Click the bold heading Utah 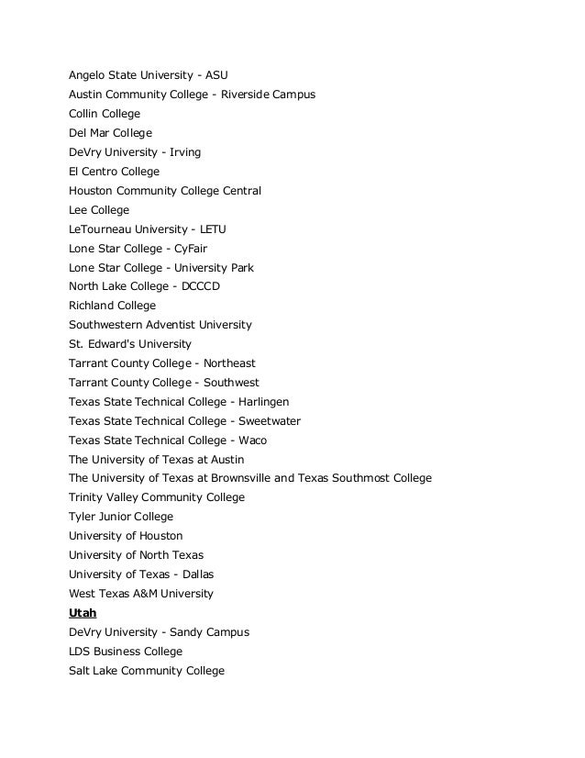point(83,613)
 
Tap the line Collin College point(105,114)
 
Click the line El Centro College point(114,172)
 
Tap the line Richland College point(112,306)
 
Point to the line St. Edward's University point(130,344)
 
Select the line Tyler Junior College point(121,517)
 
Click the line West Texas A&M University point(141,594)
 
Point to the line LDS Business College point(126,652)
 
